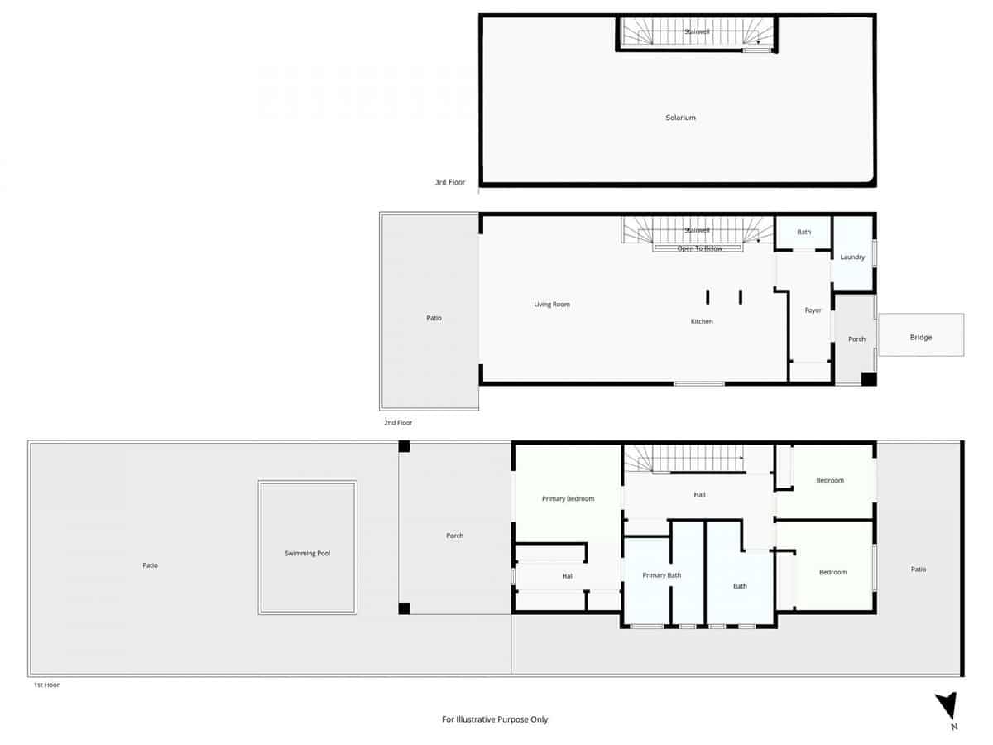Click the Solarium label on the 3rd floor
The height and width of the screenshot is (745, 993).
pyautogui.click(x=680, y=118)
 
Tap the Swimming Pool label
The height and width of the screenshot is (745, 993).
pyautogui.click(x=307, y=553)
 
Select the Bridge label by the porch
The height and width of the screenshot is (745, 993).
pyautogui.click(x=920, y=337)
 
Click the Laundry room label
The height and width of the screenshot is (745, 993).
pyautogui.click(x=852, y=257)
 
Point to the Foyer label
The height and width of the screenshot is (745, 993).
pyautogui.click(x=813, y=310)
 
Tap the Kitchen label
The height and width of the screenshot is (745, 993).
pyautogui.click(x=702, y=321)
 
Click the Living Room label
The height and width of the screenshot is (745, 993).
pyautogui.click(x=552, y=305)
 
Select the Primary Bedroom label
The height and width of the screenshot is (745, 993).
pyautogui.click(x=568, y=498)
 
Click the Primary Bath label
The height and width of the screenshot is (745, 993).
pyautogui.click(x=661, y=574)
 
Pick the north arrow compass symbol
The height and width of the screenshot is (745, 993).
pyautogui.click(x=947, y=710)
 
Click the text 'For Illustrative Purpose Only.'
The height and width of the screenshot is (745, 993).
pyautogui.click(x=496, y=719)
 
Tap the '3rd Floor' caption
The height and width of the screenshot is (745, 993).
pyautogui.click(x=450, y=182)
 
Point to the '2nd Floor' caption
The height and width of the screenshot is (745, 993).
pyautogui.click(x=397, y=422)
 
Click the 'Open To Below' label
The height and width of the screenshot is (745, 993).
pyautogui.click(x=699, y=248)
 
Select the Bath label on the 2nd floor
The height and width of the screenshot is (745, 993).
pyautogui.click(x=804, y=232)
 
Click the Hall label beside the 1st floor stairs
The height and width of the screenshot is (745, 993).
pyautogui.click(x=699, y=495)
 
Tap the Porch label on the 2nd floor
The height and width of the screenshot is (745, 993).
pyautogui.click(x=856, y=339)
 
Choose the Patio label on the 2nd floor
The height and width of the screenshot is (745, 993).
pyautogui.click(x=434, y=318)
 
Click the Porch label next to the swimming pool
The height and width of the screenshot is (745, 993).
pyautogui.click(x=454, y=536)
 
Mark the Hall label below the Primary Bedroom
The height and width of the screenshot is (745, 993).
pyautogui.click(x=568, y=576)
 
